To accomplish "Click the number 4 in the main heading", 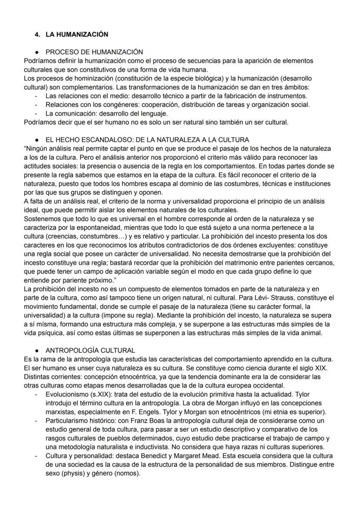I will (x=37, y=34).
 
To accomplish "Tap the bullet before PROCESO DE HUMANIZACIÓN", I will (x=38, y=52).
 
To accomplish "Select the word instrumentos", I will (x=288, y=96).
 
